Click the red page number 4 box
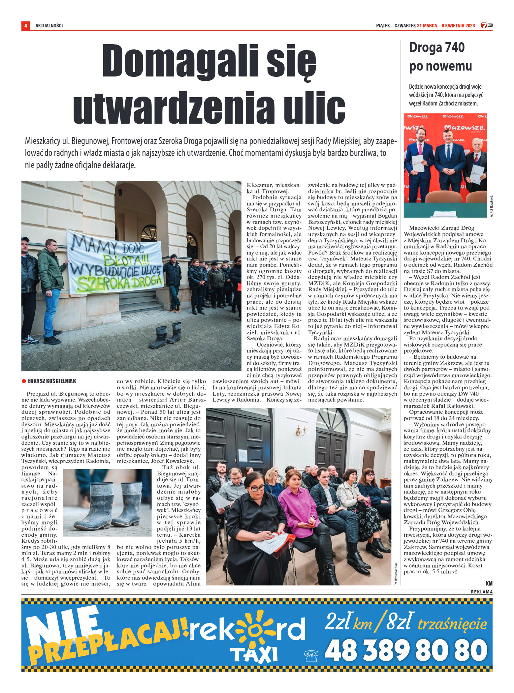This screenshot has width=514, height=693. click(25, 25)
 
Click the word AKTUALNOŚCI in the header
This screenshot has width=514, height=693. click(49, 26)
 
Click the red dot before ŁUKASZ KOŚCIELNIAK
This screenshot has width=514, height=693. click(24, 381)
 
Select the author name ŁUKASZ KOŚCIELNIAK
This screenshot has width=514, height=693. click(52, 381)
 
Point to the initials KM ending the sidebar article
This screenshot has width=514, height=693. click(489, 583)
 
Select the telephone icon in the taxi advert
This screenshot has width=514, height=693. click(311, 656)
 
